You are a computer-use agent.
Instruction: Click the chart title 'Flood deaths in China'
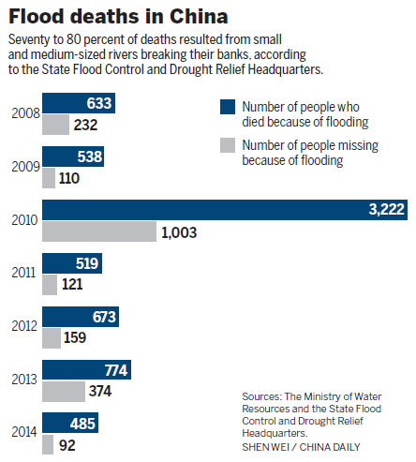click(x=113, y=17)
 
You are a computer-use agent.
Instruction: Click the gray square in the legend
click(x=226, y=145)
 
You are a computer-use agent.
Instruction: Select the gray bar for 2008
click(x=55, y=124)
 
